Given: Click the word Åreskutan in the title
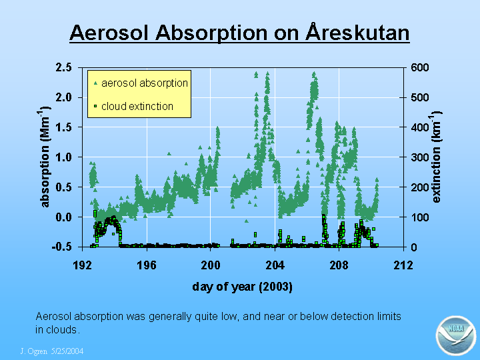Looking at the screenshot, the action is pyautogui.click(x=357, y=32).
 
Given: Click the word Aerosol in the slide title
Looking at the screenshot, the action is pyautogui.click(x=109, y=33).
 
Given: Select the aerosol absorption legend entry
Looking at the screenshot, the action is pyautogui.click(x=141, y=83).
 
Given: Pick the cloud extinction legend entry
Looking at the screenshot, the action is pyautogui.click(x=134, y=106).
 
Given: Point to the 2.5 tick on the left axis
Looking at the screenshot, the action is pyautogui.click(x=64, y=67).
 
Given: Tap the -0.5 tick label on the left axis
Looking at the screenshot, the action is pyautogui.click(x=61, y=247).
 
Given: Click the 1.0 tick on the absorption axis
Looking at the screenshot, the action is pyautogui.click(x=64, y=157).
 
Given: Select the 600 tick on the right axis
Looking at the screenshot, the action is pyautogui.click(x=420, y=67).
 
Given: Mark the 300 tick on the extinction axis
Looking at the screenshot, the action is pyautogui.click(x=420, y=157).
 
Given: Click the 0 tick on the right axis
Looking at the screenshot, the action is pyautogui.click(x=414, y=247).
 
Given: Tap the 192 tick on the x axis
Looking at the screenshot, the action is pyautogui.click(x=83, y=265).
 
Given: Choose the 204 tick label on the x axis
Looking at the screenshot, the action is pyautogui.click(x=275, y=265).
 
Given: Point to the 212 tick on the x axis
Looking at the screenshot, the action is pyautogui.click(x=403, y=265).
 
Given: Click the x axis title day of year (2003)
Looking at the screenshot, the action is pyautogui.click(x=243, y=287).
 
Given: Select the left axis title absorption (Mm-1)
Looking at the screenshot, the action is pyautogui.click(x=45, y=157).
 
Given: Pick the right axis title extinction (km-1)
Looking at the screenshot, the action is pyautogui.click(x=436, y=157).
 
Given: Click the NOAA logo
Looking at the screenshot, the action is pyautogui.click(x=456, y=335).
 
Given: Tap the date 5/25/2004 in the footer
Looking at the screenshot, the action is pyautogui.click(x=67, y=351).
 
